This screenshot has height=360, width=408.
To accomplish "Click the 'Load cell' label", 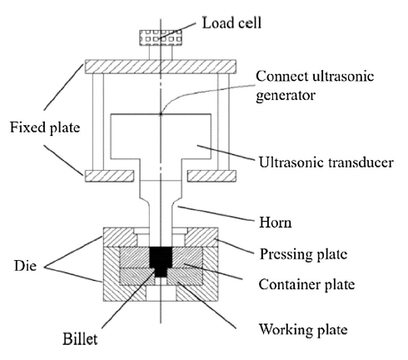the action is point(231,22).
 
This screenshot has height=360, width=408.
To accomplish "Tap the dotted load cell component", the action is point(161,37).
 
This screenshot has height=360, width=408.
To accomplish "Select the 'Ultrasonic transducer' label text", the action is point(326,162).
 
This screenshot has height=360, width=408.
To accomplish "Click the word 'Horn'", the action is point(276,222).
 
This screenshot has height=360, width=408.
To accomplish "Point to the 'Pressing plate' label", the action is point(303,254).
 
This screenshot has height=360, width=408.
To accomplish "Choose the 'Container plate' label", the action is point(306,284).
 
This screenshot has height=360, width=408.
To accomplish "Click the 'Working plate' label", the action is point(303,330).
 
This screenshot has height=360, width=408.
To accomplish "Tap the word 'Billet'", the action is point(80,338).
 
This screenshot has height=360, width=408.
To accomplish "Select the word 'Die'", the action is point(25,266).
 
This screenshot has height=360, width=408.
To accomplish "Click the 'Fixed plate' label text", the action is point(45,127).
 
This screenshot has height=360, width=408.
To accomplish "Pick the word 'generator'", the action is point(286,96).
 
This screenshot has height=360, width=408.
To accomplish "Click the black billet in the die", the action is point(161,262).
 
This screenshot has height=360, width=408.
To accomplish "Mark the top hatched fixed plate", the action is point(161,67).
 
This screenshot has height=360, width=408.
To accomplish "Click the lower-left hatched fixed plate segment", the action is point(109,176).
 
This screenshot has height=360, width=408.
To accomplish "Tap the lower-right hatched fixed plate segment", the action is point(212,176).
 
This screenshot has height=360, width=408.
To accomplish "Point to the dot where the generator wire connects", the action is point(161,113).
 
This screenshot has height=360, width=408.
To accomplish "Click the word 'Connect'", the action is point(282,76).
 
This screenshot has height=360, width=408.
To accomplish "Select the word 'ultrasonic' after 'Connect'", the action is point(343,76).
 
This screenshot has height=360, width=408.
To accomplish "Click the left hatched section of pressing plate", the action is point(119,237).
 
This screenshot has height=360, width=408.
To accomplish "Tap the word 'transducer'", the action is point(361,162).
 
